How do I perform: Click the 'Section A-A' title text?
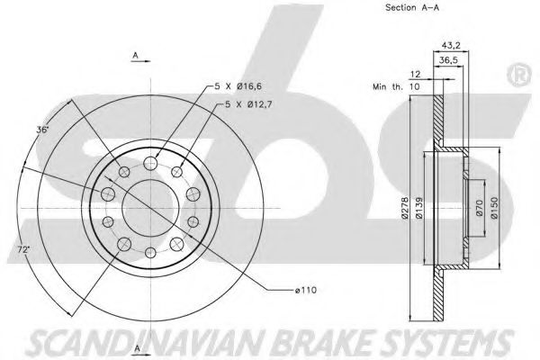tap(412, 7)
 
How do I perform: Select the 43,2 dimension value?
tap(451, 45)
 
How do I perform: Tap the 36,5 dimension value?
tap(449, 60)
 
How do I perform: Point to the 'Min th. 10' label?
tap(396, 86)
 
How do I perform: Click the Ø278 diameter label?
tap(405, 208)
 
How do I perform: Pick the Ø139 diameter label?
tap(419, 208)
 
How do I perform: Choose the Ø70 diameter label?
tap(480, 208)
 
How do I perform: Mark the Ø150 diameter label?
tap(494, 208)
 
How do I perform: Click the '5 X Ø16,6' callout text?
tap(238, 86)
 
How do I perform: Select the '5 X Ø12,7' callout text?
tap(248, 104)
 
